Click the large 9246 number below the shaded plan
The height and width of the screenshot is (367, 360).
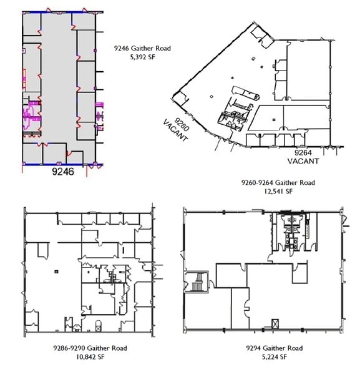[x=62, y=173]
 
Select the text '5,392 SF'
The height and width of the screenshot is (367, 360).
[x=142, y=56]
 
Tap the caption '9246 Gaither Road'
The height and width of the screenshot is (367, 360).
[x=142, y=47]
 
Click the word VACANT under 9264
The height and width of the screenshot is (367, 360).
[x=303, y=160]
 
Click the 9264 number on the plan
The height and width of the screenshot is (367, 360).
[x=304, y=152]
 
